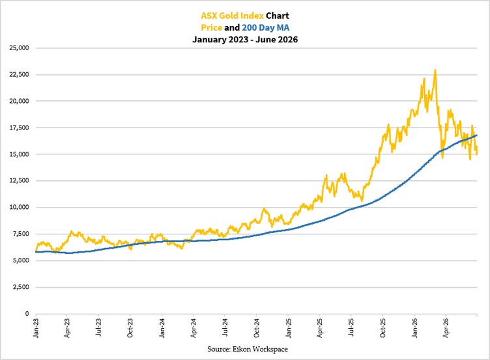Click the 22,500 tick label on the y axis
point(19,75)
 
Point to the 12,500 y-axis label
point(19,181)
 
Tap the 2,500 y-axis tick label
point(21,287)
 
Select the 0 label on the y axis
point(27,314)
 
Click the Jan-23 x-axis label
point(36,328)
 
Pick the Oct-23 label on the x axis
point(130,328)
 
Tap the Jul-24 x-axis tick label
point(225,328)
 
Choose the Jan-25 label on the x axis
point(288,328)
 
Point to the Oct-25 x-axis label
point(383,328)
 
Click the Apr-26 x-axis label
point(446,328)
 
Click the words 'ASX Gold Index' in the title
point(232,16)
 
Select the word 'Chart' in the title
point(278,16)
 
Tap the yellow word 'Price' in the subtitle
point(211,27)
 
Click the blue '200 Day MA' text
point(266,27)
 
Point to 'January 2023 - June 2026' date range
point(245,40)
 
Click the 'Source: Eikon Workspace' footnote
point(248,349)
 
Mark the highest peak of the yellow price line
point(435,70)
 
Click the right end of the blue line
point(477,135)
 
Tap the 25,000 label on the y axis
point(19,48)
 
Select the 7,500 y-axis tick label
point(21,234)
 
